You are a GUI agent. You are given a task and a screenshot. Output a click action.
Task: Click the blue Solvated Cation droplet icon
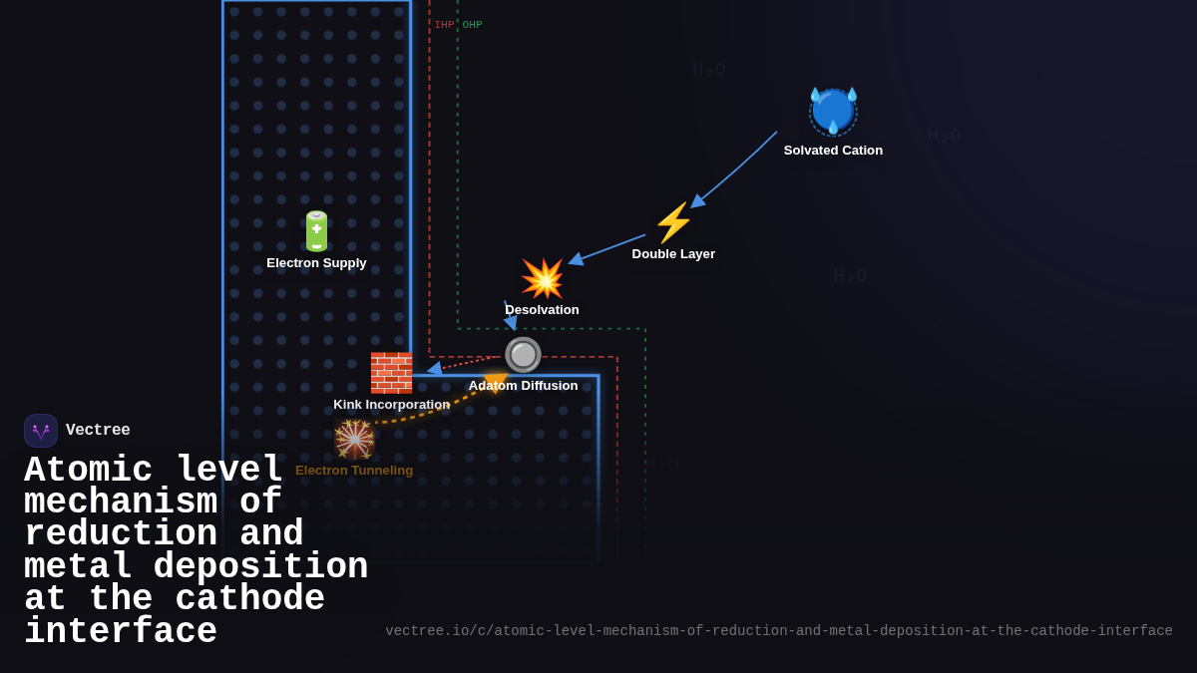click(833, 111)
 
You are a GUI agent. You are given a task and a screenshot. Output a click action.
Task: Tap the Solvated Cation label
click(833, 151)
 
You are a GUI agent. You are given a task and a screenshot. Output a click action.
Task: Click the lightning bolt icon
click(673, 223)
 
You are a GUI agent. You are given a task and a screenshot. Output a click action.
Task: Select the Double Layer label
click(673, 254)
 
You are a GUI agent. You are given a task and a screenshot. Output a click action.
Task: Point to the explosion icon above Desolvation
click(543, 279)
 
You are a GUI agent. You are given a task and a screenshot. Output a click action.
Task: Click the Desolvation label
click(542, 310)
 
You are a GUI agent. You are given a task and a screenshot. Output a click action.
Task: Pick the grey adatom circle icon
click(523, 355)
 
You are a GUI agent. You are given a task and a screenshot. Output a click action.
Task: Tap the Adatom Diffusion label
click(523, 386)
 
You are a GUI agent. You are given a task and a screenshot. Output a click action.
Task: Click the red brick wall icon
click(391, 373)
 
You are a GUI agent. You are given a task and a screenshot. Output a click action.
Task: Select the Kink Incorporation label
click(391, 405)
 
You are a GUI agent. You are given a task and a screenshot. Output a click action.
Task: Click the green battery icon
click(316, 231)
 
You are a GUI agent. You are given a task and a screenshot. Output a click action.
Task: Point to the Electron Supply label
click(316, 263)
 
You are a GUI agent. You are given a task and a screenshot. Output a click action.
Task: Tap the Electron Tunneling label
click(354, 471)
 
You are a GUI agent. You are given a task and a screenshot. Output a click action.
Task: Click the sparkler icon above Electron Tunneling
click(354, 440)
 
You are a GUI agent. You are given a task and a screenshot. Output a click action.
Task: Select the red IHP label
click(444, 25)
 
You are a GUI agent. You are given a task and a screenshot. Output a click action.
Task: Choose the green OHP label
click(472, 25)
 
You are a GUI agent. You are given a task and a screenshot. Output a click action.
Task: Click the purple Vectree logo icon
click(41, 431)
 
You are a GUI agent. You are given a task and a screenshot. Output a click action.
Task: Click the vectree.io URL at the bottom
click(778, 631)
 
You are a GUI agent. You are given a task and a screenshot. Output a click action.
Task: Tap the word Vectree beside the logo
click(98, 431)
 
